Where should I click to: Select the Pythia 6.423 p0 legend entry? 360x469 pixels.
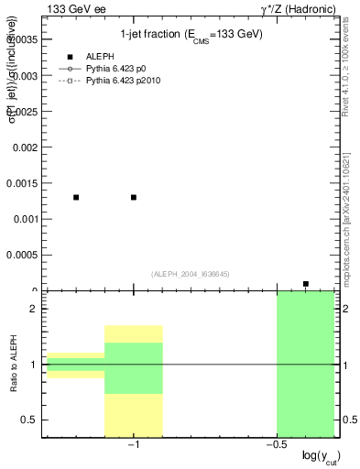click(118, 69)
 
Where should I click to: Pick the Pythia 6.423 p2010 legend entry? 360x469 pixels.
click(124, 81)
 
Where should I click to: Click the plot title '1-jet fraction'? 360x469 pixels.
click(191, 35)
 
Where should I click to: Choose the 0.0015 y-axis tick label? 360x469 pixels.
click(20, 183)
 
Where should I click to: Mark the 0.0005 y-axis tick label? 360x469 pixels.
click(20, 256)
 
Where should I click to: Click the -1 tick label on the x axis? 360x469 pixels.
click(134, 445)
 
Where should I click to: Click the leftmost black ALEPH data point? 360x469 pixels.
click(76, 197)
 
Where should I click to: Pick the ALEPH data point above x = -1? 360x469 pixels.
click(134, 197)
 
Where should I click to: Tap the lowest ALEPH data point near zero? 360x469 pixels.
click(305, 284)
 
